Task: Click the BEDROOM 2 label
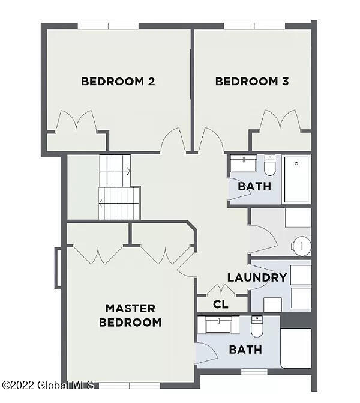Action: pyautogui.click(x=118, y=82)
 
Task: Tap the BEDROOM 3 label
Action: pyautogui.click(x=252, y=82)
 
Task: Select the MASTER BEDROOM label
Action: pyautogui.click(x=130, y=315)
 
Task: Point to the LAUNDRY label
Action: pyautogui.click(x=257, y=278)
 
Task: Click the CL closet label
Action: pyautogui.click(x=221, y=305)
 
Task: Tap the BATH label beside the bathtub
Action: pyautogui.click(x=254, y=186)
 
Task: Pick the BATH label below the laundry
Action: pyautogui.click(x=245, y=349)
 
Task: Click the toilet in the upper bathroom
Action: pyautogui.click(x=269, y=163)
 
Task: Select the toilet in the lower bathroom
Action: pyautogui.click(x=257, y=327)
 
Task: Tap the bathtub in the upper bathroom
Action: pyautogui.click(x=296, y=179)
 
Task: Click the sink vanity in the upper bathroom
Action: pyautogui.click(x=244, y=164)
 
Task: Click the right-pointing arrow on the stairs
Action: pyautogui.click(x=128, y=171)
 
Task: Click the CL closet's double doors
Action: pyautogui.click(x=221, y=289)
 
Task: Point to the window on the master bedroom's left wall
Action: pyautogui.click(x=58, y=267)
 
